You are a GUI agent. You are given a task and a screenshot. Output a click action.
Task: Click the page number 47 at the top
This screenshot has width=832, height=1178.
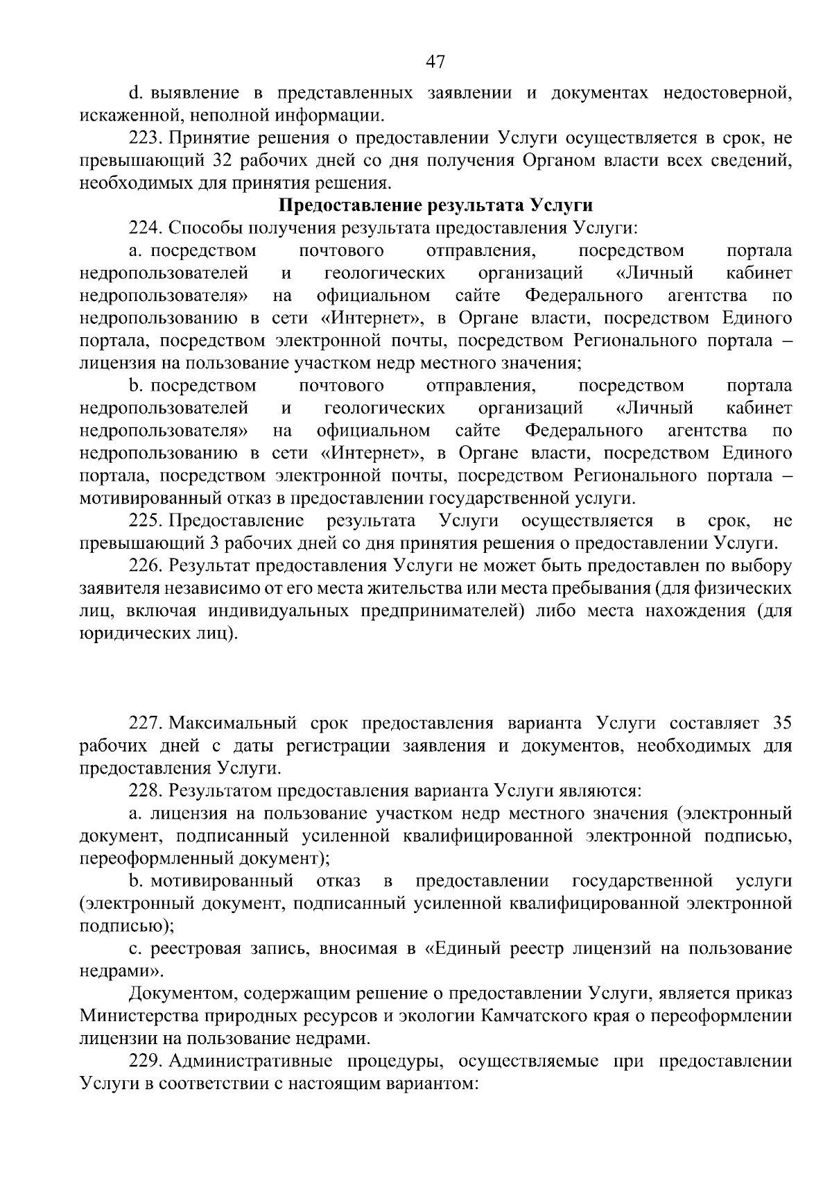[435, 62]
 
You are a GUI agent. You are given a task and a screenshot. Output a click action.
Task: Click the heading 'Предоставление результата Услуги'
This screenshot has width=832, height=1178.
[436, 205]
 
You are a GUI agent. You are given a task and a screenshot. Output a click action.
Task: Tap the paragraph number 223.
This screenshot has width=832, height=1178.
[144, 138]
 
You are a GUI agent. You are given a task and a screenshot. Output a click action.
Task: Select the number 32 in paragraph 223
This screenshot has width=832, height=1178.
[214, 161]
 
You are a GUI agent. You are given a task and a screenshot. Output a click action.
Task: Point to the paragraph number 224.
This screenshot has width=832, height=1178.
[144, 228]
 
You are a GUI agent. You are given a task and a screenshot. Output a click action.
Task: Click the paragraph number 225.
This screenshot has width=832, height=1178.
[144, 520]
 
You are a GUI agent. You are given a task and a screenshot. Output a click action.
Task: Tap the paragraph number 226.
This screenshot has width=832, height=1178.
[144, 565]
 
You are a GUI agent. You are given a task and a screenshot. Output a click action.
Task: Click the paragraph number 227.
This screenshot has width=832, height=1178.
[144, 723]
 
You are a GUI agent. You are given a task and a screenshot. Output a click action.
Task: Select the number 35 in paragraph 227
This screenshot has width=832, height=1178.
[781, 723]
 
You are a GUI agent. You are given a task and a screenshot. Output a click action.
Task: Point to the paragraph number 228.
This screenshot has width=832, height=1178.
[144, 790]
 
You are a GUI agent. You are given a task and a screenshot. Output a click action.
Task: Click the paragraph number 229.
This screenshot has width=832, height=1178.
[144, 1061]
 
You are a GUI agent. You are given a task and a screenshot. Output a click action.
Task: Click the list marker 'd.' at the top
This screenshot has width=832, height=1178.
[135, 93]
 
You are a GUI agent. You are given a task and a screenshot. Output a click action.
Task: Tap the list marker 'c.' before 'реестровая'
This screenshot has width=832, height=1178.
[134, 948]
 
